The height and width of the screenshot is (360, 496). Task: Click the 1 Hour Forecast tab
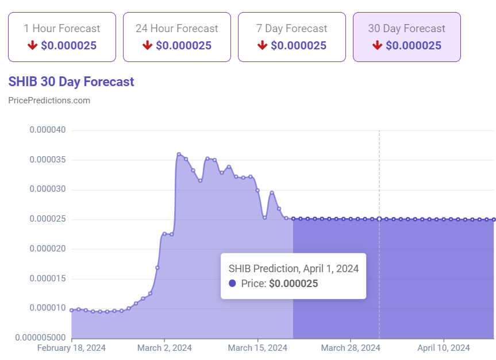(x=61, y=37)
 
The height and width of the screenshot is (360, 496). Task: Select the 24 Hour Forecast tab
(x=176, y=37)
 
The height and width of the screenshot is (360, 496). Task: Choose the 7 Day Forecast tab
(x=291, y=37)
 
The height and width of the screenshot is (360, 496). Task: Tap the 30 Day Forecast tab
(x=406, y=37)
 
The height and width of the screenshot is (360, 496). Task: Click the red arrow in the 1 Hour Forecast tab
(x=32, y=45)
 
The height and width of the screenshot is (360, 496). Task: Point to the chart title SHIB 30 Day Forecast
(x=71, y=82)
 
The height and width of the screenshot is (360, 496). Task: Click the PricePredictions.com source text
(x=49, y=100)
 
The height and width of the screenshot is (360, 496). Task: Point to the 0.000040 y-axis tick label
(x=48, y=130)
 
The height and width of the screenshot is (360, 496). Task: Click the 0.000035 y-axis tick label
(x=48, y=160)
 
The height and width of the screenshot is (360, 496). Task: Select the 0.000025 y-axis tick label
(x=48, y=219)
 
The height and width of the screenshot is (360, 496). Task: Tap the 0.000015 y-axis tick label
(x=48, y=278)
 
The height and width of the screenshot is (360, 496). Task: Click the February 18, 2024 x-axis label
(x=71, y=348)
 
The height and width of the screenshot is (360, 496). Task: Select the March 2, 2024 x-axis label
(x=165, y=348)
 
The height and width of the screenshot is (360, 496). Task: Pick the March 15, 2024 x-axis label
(x=257, y=348)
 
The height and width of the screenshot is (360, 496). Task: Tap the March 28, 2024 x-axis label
(x=351, y=348)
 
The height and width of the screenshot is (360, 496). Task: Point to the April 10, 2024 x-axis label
(x=443, y=348)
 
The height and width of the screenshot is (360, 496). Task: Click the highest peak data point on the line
(x=179, y=154)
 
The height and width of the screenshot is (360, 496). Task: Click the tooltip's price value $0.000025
(x=293, y=284)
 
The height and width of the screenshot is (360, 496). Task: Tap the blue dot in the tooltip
(x=232, y=284)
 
